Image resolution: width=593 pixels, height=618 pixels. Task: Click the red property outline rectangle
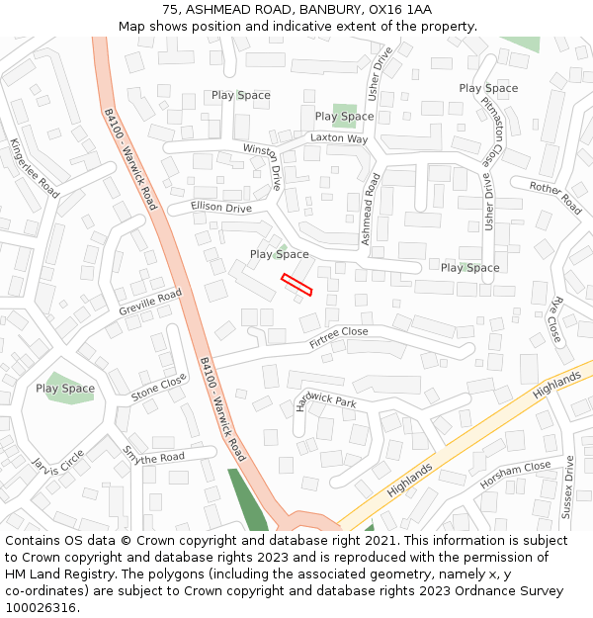[296, 285]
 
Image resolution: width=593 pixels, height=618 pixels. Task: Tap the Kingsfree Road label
[35, 168]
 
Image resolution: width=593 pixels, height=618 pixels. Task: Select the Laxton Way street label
[339, 138]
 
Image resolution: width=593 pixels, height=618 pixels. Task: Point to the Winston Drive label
[263, 165]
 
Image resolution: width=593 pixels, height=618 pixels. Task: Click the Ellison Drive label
[221, 208]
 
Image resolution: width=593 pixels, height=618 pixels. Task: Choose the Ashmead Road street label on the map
[371, 210]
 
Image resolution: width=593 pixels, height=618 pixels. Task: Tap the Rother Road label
[554, 197]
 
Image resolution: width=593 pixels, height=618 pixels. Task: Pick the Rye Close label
[554, 319]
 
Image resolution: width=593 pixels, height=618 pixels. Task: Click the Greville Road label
[150, 302]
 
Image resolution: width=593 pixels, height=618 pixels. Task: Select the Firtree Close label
[338, 338]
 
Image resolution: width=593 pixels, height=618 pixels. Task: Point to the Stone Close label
[158, 388]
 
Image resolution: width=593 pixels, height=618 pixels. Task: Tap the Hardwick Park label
[325, 400]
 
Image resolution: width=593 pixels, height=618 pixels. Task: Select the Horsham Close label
[515, 475]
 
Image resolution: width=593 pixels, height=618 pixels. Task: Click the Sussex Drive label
[568, 486]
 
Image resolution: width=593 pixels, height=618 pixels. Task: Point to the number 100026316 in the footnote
[41, 607]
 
